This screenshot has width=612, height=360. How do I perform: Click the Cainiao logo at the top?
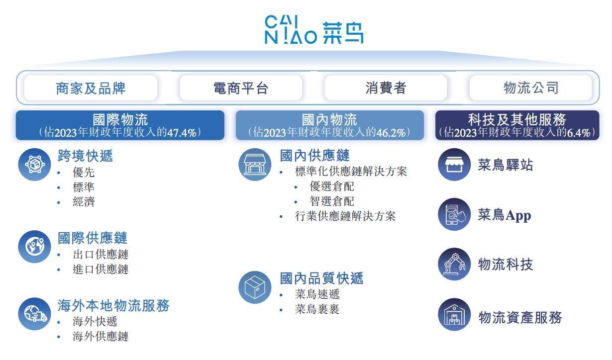pyautogui.click(x=314, y=29)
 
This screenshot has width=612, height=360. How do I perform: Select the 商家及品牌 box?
pyautogui.click(x=91, y=88)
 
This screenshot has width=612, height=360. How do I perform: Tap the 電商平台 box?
pyautogui.click(x=241, y=88)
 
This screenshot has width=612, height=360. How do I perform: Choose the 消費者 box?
pyautogui.click(x=386, y=88)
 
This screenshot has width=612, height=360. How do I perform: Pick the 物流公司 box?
pyautogui.click(x=530, y=88)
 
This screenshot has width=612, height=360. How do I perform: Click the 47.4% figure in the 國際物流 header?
pyautogui.click(x=182, y=133)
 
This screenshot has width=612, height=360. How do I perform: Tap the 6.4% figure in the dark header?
pyautogui.click(x=579, y=133)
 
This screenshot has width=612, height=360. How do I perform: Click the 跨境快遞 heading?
pyautogui.click(x=85, y=156)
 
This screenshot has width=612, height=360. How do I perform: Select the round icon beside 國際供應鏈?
pyautogui.click(x=34, y=247)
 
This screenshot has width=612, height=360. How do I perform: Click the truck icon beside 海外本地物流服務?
pyautogui.click(x=34, y=314)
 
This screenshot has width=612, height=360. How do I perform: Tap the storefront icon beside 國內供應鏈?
pyautogui.click(x=255, y=164)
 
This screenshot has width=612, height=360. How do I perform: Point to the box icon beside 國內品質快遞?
pyautogui.click(x=255, y=287)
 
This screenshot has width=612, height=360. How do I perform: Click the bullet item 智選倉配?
pyautogui.click(x=332, y=201)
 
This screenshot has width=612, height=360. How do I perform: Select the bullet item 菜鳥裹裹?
pyautogui.click(x=317, y=309)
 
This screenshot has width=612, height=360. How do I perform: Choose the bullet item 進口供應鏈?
pyautogui.click(x=101, y=270)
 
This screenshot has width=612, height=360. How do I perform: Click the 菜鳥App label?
pyautogui.click(x=505, y=215)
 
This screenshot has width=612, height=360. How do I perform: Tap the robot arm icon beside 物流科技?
pyautogui.click(x=454, y=264)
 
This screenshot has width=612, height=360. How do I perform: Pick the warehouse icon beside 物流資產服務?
pyautogui.click(x=454, y=314)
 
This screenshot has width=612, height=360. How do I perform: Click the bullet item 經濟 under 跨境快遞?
pyautogui.click(x=84, y=202)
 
